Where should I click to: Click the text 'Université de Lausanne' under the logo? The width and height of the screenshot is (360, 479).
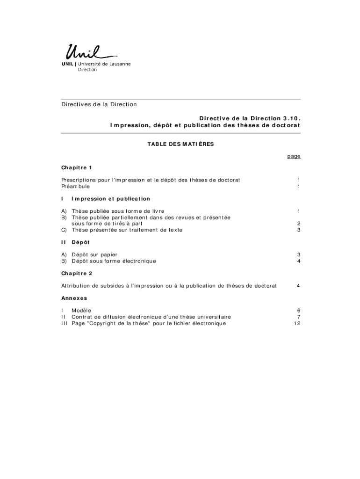104,64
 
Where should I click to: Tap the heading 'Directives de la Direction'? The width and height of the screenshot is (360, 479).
99,104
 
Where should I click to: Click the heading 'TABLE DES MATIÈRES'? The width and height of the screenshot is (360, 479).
180,144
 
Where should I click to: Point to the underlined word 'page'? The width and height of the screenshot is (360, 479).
294,156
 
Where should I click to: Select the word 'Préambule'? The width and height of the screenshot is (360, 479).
75,187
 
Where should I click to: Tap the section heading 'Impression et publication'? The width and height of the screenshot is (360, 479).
111,199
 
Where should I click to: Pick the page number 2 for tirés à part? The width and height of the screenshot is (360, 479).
298,224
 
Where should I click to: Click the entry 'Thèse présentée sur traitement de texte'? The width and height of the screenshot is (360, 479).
127,230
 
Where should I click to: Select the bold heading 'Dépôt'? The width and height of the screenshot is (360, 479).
80,242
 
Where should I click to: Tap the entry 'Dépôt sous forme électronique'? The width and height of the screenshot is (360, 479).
114,261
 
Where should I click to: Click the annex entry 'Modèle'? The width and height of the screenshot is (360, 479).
81,310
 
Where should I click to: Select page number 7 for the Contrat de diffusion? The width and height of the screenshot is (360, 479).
298,317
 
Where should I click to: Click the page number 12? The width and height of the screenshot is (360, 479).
296,323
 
